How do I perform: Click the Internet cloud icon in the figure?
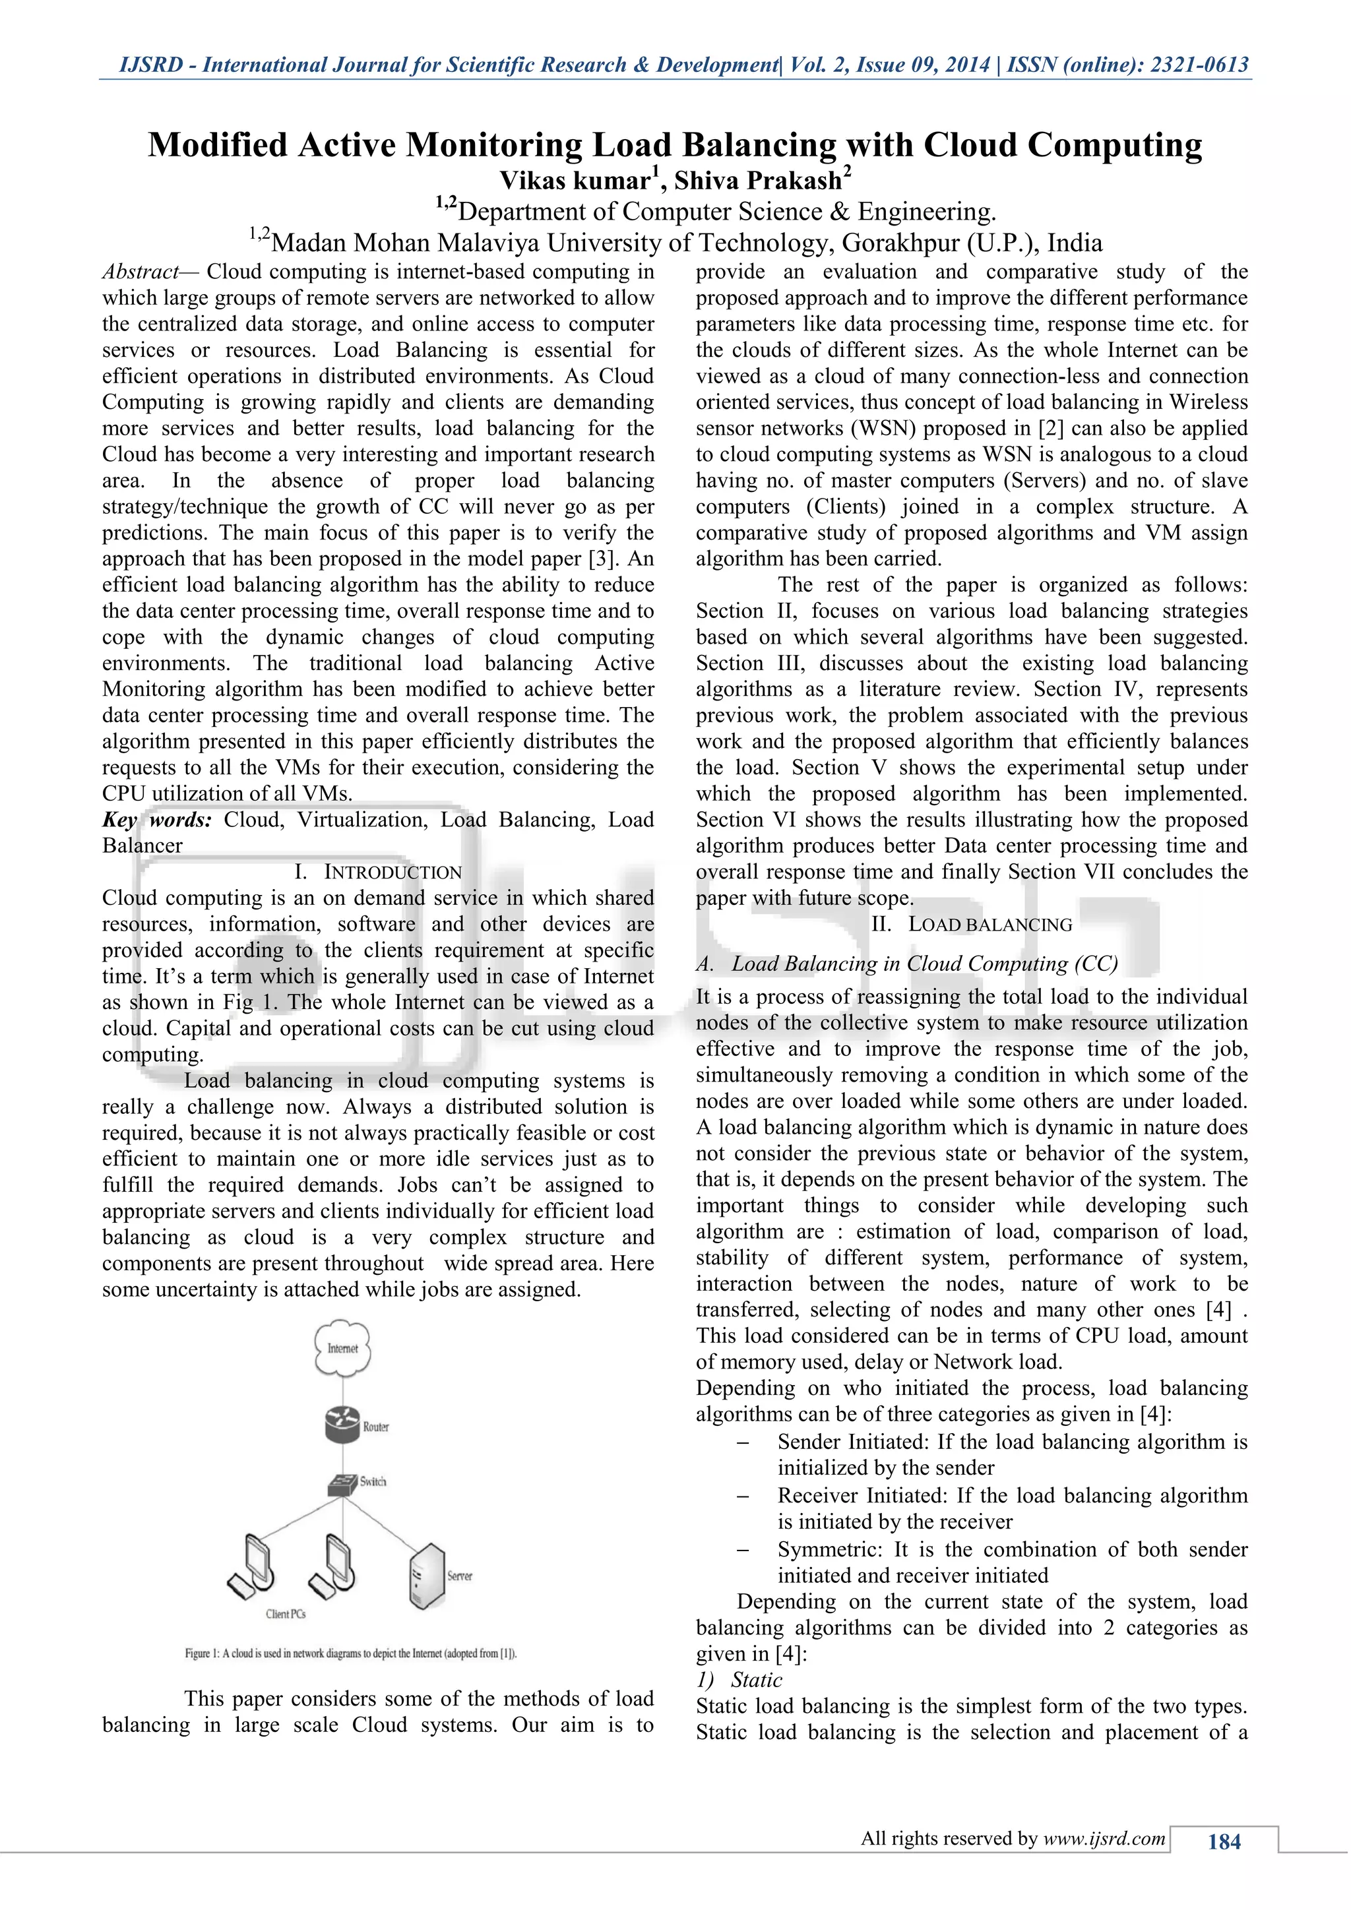pos(342,1347)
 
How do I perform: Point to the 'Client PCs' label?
pos(286,1614)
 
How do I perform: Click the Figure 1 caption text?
pos(350,1653)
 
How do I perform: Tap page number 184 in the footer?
pos(1223,1842)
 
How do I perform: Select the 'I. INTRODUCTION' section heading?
pos(378,872)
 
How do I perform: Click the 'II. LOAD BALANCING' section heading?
pos(972,924)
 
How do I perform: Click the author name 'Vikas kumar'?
pos(574,181)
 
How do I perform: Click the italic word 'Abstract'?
pos(140,272)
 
